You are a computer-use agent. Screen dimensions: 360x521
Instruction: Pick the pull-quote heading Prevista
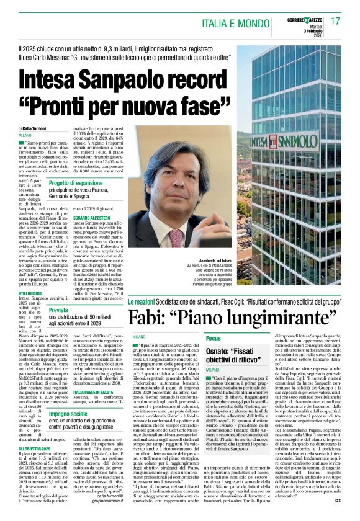59,310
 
